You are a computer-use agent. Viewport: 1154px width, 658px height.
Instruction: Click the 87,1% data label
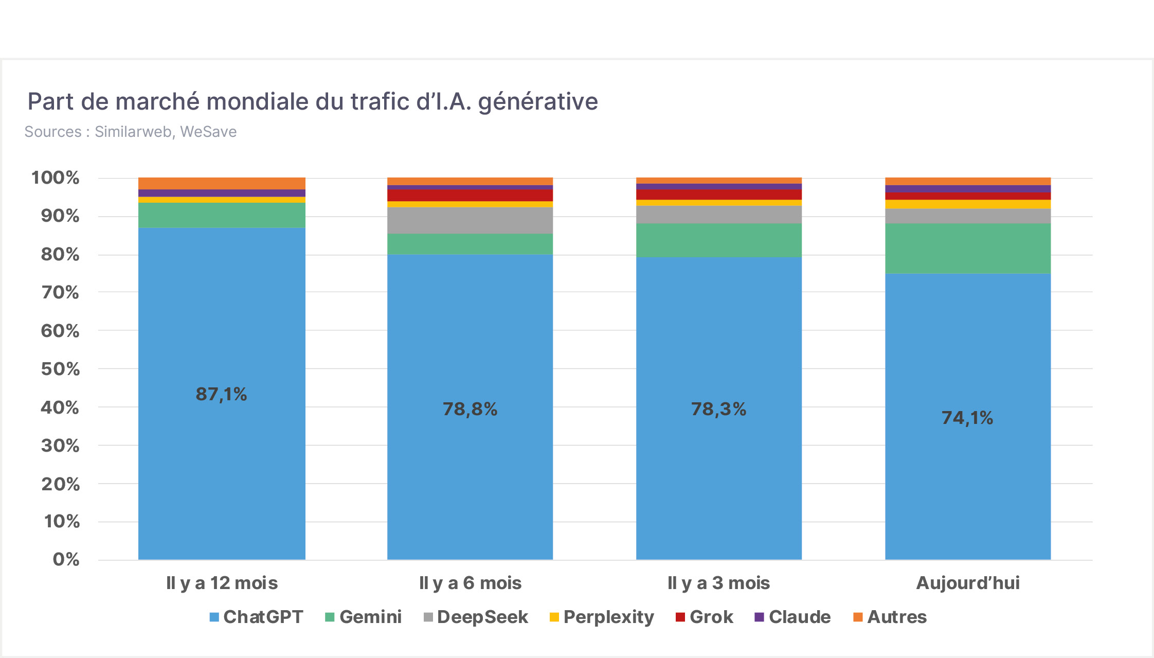(221, 395)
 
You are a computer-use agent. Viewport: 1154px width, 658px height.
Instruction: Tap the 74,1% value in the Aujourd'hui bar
(967, 418)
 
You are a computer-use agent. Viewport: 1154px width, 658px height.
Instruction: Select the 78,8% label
(470, 410)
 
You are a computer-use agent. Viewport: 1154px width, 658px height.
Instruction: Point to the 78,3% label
(718, 410)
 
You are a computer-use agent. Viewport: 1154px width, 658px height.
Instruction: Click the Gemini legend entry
(364, 617)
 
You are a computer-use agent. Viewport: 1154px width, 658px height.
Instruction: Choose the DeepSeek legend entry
(476, 617)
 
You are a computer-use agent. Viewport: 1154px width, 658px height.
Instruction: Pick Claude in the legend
(792, 617)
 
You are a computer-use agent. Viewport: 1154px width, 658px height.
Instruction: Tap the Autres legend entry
(890, 617)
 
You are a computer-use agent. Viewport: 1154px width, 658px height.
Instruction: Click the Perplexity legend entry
(602, 617)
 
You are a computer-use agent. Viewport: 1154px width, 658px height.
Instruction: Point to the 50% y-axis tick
(61, 369)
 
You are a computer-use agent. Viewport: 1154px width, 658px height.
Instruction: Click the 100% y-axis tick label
(56, 178)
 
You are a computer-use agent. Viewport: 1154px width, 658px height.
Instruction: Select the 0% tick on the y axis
(66, 560)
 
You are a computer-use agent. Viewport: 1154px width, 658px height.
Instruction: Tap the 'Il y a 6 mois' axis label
(470, 583)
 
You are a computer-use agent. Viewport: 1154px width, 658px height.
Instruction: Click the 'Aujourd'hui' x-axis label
(968, 583)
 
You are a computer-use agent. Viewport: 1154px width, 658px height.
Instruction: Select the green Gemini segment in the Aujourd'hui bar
(968, 248)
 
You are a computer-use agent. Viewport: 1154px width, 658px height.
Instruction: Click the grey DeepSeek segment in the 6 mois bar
(470, 220)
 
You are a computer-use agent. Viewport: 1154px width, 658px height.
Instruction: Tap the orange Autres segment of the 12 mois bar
(222, 183)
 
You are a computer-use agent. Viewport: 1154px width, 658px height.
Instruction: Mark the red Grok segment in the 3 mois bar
(719, 194)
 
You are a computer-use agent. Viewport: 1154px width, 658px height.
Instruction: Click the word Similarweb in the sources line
(133, 132)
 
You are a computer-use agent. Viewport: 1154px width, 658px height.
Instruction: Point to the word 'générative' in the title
(538, 102)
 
